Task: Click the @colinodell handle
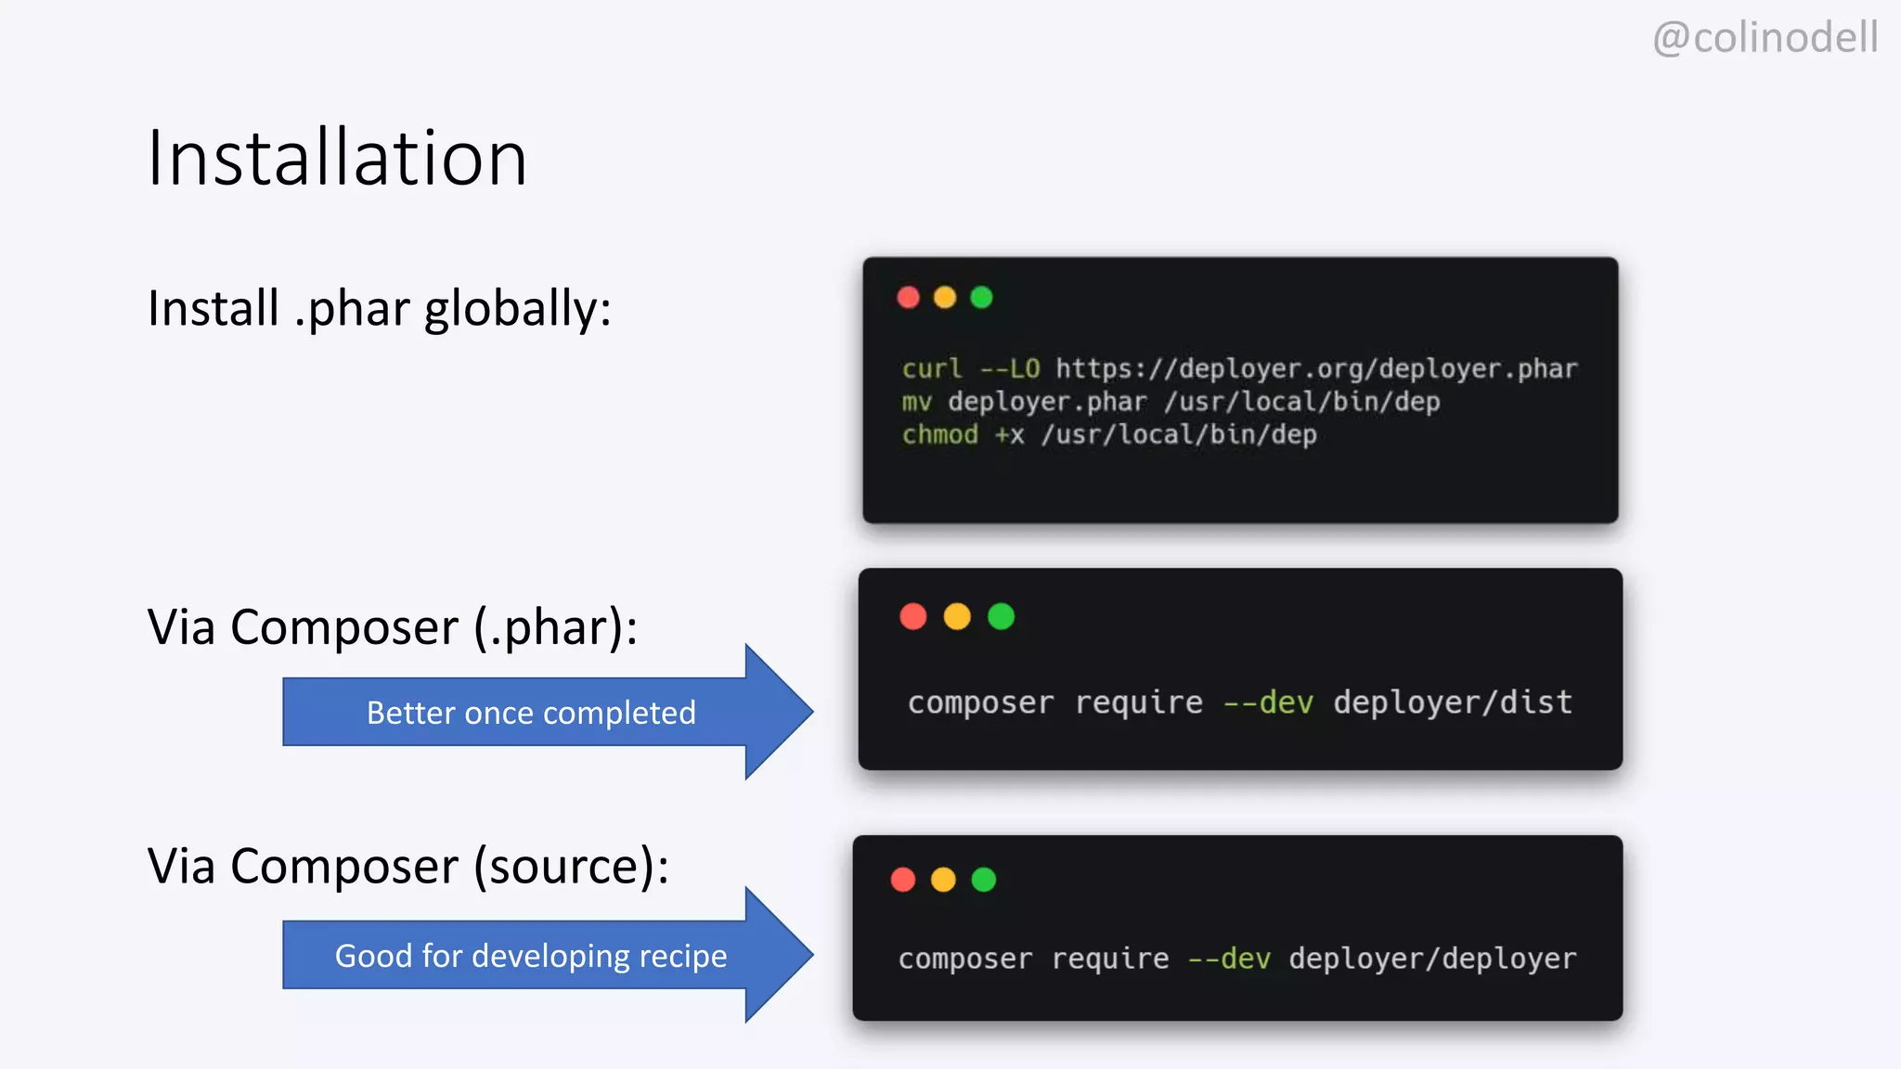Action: (1765, 38)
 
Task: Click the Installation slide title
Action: (337, 158)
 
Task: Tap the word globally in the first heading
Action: (518, 309)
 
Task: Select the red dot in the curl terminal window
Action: (908, 297)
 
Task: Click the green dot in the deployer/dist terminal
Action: (1001, 616)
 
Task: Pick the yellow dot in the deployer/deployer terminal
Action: (943, 880)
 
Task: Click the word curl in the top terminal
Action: (932, 368)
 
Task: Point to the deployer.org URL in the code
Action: (1316, 368)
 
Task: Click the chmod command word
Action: (939, 434)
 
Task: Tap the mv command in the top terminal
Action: (916, 402)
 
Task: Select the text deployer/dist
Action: (1453, 702)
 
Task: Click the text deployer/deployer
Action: (1432, 958)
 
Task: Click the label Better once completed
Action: (531, 713)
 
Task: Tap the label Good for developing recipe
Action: (531, 956)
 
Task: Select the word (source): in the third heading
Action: (571, 867)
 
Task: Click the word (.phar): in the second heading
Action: (555, 627)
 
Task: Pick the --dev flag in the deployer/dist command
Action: (1268, 702)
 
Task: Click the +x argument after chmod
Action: (1009, 434)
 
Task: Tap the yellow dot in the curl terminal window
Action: (944, 297)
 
